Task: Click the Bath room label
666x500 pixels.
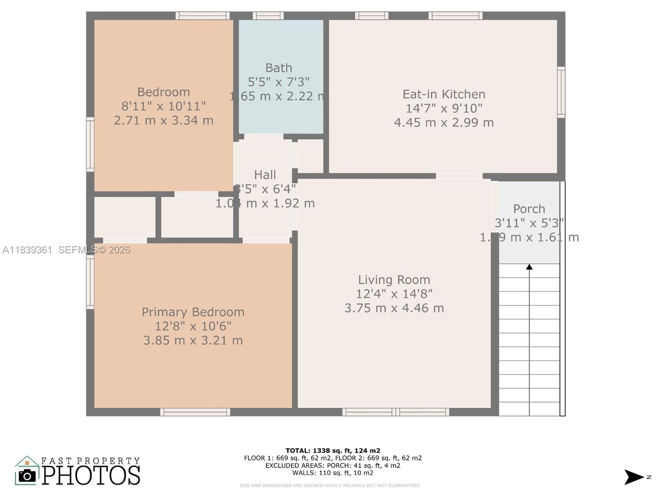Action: [x=278, y=68]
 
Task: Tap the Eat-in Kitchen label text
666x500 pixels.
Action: [x=444, y=94]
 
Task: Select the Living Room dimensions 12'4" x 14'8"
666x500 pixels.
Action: [x=394, y=294]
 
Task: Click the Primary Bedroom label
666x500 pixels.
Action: [x=193, y=312]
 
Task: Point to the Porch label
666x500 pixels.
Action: [x=529, y=209]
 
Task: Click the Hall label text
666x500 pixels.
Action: [x=265, y=175]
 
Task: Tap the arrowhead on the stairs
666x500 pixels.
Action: [x=529, y=267]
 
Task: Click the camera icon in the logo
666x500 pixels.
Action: [x=27, y=476]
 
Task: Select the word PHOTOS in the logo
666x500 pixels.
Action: [x=91, y=475]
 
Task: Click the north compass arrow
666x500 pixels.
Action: [x=634, y=477]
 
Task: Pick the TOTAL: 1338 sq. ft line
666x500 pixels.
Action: [x=333, y=450]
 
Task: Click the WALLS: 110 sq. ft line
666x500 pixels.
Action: [x=333, y=473]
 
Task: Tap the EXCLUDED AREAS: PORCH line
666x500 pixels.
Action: [x=333, y=465]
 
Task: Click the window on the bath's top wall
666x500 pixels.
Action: [x=268, y=16]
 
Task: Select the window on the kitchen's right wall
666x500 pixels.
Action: [x=561, y=92]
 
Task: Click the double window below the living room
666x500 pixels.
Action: [x=395, y=412]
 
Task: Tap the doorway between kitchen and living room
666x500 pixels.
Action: [x=459, y=176]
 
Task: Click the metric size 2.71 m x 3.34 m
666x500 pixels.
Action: [x=164, y=120]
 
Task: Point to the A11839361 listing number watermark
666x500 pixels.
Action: [x=27, y=250]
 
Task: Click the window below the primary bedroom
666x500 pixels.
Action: [x=195, y=412]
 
